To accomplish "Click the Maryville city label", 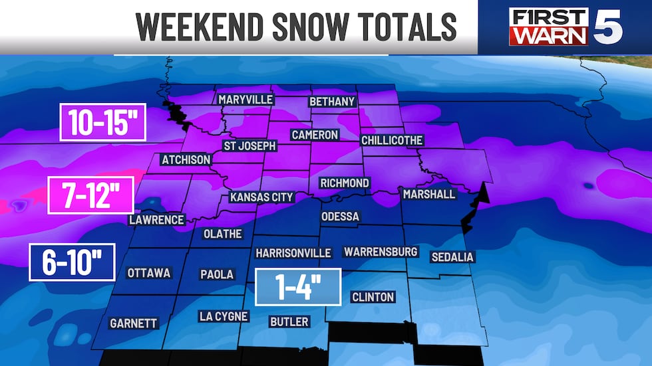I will (x=246, y=99).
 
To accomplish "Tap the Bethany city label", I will (x=333, y=102).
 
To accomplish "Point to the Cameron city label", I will (x=315, y=135).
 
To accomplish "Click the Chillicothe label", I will (x=392, y=140).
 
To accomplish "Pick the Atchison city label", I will (x=186, y=159).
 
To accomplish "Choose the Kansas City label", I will (x=261, y=197).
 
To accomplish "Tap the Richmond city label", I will (x=345, y=183).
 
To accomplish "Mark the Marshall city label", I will (x=429, y=194).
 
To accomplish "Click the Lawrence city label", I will (x=156, y=219).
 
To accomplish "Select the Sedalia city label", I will (x=452, y=256).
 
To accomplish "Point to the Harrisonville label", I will (x=293, y=253).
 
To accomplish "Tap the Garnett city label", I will (x=134, y=323).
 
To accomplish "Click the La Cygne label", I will (x=224, y=316).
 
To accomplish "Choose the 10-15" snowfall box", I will (x=102, y=122).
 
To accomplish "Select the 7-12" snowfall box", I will (x=91, y=195).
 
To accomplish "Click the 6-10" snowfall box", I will (x=72, y=262).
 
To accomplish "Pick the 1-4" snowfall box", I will (x=298, y=286).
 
